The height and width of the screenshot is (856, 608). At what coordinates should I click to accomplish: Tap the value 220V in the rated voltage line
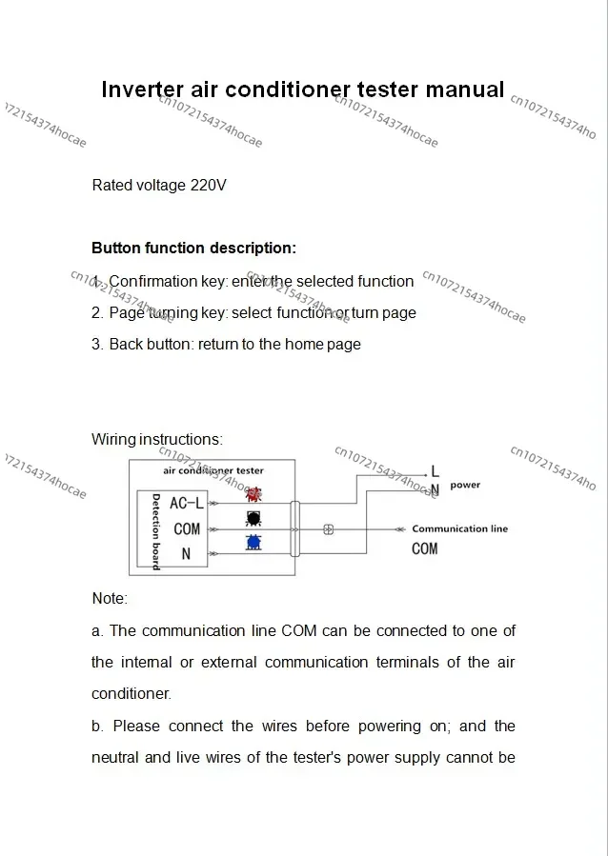[209, 185]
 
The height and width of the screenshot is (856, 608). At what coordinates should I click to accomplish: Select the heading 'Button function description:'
[193, 248]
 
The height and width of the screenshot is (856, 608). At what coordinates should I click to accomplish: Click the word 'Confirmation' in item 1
[152, 281]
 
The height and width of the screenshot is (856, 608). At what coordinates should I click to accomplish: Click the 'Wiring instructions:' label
[157, 439]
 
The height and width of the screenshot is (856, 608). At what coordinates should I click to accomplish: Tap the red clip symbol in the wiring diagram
[253, 495]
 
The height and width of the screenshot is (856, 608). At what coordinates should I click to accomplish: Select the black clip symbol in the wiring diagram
[253, 519]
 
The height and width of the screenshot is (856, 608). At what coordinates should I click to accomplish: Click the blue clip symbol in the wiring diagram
[253, 543]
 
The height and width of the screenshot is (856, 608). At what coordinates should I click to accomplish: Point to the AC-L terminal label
[187, 504]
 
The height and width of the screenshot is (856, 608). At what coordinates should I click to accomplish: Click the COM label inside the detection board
[187, 528]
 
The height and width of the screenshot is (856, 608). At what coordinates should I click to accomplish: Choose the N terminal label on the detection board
[186, 553]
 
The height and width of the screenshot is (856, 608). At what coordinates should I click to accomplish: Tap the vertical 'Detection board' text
[155, 531]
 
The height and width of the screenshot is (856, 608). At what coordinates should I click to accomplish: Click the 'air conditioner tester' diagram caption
[213, 470]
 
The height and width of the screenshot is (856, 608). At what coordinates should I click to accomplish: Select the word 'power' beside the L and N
[465, 485]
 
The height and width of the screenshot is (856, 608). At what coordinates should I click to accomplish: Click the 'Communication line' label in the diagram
[459, 528]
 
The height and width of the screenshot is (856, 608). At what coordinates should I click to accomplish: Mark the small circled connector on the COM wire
[328, 529]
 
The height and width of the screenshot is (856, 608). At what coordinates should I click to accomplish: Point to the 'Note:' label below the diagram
[110, 598]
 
